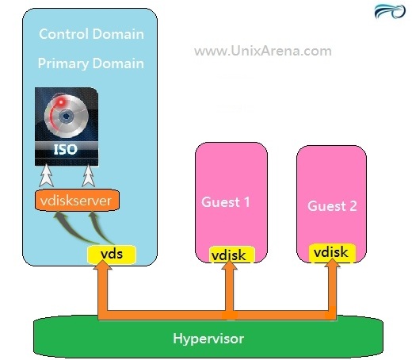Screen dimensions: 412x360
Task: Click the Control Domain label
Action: pyautogui.click(x=91, y=34)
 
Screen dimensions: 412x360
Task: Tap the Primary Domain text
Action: pyautogui.click(x=91, y=63)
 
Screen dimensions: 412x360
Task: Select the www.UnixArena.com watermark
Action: pyautogui.click(x=263, y=51)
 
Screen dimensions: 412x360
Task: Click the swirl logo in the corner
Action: pyautogui.click(x=390, y=12)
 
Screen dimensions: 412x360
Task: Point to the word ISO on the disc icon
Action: pyautogui.click(x=66, y=150)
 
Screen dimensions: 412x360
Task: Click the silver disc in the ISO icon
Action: pyautogui.click(x=67, y=116)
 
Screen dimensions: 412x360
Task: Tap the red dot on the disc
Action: pyautogui.click(x=61, y=102)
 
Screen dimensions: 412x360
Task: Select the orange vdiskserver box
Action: pyautogui.click(x=77, y=201)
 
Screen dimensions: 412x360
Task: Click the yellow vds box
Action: pyautogui.click(x=112, y=255)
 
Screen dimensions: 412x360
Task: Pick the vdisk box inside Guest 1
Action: pyautogui.click(x=232, y=255)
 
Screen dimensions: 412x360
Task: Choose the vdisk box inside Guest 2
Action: pyautogui.click(x=332, y=253)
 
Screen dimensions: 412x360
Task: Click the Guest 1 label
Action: pyautogui.click(x=226, y=202)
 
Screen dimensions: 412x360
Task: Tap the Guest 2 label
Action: pyautogui.click(x=332, y=206)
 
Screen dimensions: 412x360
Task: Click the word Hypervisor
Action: pyautogui.click(x=208, y=339)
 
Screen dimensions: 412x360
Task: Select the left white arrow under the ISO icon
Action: pyautogui.click(x=46, y=175)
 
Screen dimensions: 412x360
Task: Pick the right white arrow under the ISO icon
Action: pyautogui.click(x=89, y=175)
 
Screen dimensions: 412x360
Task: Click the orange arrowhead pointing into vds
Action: pyautogui.click(x=102, y=265)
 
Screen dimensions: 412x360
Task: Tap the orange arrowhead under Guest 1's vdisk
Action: pyautogui.click(x=229, y=265)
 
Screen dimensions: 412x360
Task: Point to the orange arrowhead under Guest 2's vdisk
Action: pyautogui.click(x=332, y=263)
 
